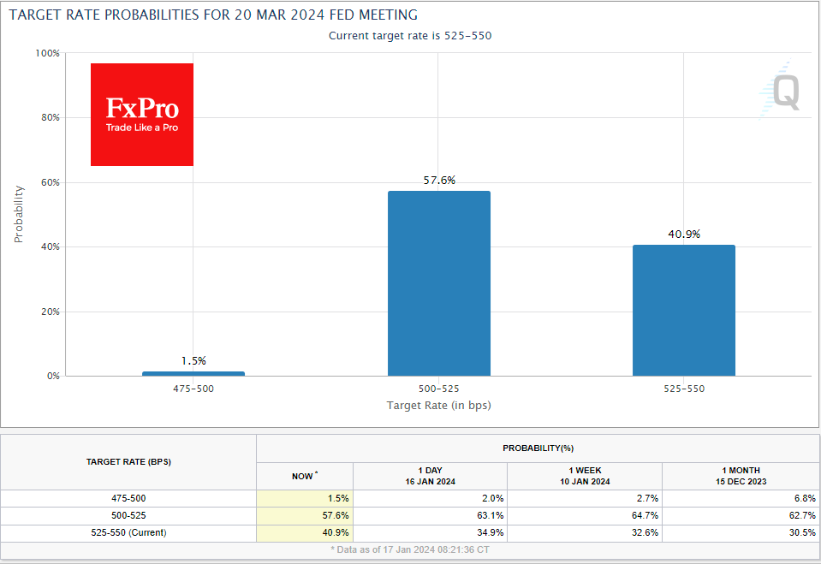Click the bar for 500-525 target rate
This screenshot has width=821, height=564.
pyautogui.click(x=438, y=282)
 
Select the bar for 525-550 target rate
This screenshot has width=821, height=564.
pyautogui.click(x=683, y=310)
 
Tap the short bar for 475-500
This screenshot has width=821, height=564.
pyautogui.click(x=193, y=373)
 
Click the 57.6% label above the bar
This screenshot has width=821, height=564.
pyautogui.click(x=438, y=181)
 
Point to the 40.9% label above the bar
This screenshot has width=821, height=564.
pyautogui.click(x=683, y=235)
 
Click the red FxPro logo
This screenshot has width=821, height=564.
pyautogui.click(x=142, y=115)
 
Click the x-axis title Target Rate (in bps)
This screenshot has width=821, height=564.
pyautogui.click(x=438, y=405)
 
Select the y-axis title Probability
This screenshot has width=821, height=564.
pyautogui.click(x=19, y=214)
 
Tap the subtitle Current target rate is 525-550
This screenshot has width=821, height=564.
pyautogui.click(x=410, y=36)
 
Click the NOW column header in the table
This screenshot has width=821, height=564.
pyautogui.click(x=304, y=476)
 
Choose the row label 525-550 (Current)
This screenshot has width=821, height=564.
pyautogui.click(x=128, y=531)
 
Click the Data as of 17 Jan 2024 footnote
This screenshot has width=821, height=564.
pyautogui.click(x=410, y=549)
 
